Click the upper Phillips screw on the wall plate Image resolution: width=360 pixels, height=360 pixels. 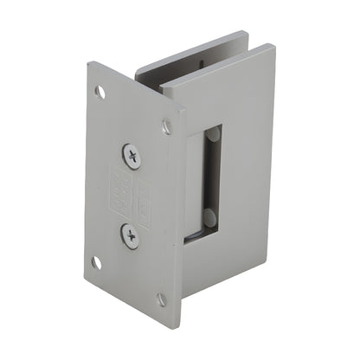[132, 156]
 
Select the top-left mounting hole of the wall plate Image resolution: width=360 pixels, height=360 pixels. [100, 90]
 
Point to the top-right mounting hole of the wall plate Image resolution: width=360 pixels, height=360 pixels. [166, 127]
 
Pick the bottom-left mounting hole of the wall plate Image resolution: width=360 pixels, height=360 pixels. [98, 261]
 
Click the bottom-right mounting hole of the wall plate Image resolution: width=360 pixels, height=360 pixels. [161, 299]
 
